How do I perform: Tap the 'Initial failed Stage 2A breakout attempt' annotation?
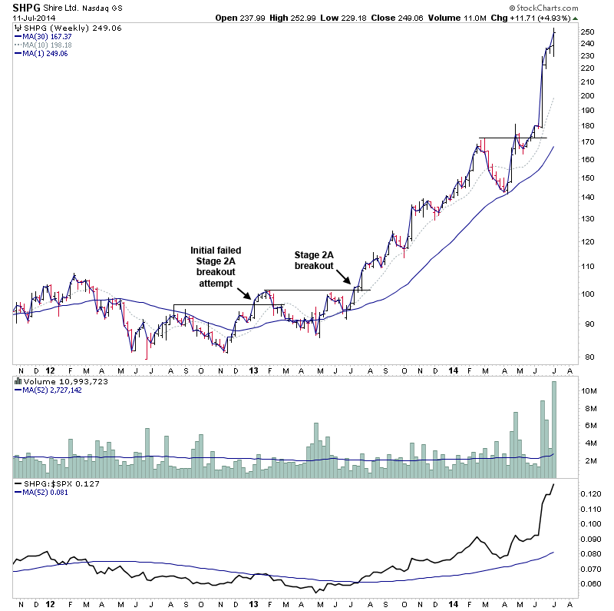click(216, 266)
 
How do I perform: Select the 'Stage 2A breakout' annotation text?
click(314, 260)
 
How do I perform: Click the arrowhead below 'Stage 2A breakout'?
click(351, 284)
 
